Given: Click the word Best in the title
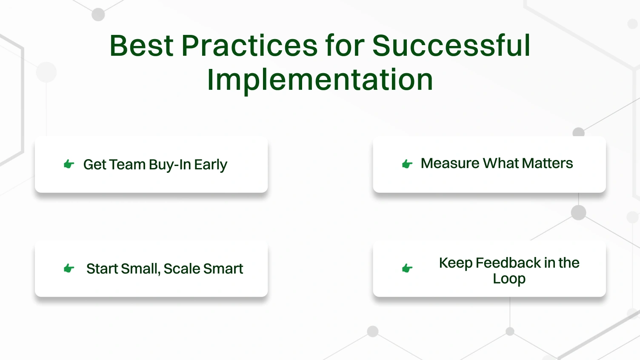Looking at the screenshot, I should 141,46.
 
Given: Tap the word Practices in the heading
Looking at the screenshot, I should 249,46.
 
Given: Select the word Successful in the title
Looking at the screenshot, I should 451,46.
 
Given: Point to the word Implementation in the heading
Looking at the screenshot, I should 320,80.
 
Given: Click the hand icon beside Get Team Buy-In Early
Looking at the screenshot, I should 69,164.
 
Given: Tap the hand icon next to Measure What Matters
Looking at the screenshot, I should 407,164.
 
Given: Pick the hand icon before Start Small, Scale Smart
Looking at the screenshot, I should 69,268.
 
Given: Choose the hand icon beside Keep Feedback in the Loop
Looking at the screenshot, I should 407,268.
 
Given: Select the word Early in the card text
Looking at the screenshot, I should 211,165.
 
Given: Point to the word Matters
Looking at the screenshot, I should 548,163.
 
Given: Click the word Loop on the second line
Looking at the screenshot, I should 509,279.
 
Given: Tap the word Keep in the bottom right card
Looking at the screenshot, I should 455,263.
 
